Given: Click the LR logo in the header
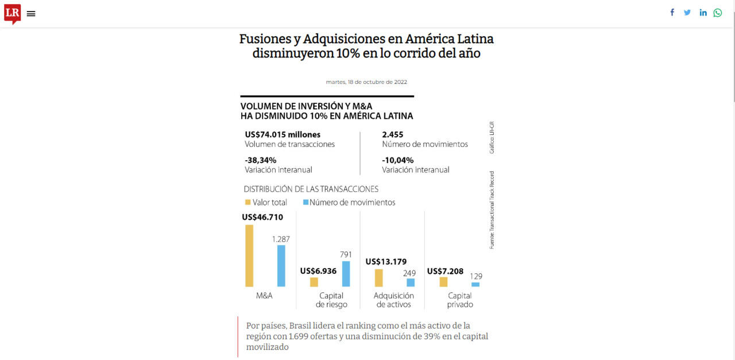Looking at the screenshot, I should (x=12, y=13).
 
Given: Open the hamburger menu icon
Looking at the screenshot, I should (x=31, y=14).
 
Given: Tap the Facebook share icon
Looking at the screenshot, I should (x=672, y=13).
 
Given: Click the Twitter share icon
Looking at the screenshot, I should (x=687, y=13).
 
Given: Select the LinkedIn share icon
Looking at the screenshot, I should (x=703, y=13).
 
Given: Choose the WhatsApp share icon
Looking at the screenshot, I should (x=718, y=13).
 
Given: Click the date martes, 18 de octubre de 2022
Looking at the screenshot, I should (x=366, y=82).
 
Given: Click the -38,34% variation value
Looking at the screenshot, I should (x=261, y=160).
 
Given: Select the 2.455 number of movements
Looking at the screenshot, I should (x=393, y=135).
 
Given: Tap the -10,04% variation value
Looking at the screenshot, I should (x=398, y=160).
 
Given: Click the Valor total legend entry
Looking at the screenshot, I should (x=266, y=202).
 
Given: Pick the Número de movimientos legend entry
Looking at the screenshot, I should (x=349, y=202).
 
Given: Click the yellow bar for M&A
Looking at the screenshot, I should (x=249, y=256).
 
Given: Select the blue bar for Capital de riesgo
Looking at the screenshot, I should (x=346, y=274).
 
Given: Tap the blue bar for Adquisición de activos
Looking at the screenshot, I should (x=411, y=282).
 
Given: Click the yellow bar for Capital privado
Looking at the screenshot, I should (x=443, y=282).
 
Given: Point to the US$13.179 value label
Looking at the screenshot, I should (x=386, y=262).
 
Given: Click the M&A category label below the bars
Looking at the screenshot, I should (x=264, y=296).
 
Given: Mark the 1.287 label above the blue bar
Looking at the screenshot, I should (x=281, y=239).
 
